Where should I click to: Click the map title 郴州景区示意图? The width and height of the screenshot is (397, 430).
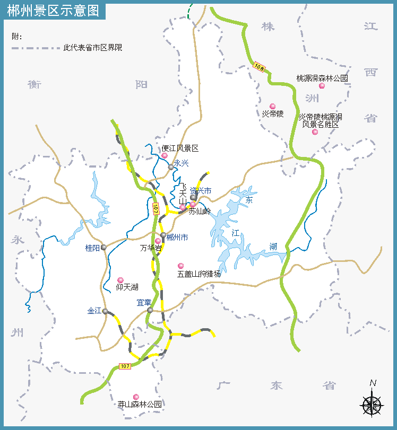(53, 11)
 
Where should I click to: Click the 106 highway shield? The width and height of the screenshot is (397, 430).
(259, 67)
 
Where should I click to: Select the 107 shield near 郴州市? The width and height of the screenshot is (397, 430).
(156, 208)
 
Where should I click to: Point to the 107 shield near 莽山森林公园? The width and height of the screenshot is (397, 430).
(125, 366)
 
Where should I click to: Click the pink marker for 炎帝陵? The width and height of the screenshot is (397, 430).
(273, 106)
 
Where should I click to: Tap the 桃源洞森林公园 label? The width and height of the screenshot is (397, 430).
(322, 78)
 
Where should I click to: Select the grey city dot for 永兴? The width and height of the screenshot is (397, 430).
(171, 167)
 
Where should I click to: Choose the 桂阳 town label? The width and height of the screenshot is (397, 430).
(92, 248)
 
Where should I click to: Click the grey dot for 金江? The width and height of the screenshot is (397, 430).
(106, 311)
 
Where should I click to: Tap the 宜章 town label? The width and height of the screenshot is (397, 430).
(144, 303)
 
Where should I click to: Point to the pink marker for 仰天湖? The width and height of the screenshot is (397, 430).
(120, 280)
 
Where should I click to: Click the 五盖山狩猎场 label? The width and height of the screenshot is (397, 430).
(199, 274)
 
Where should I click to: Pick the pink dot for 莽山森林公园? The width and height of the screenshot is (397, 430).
(136, 397)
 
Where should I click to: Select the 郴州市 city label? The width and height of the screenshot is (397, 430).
(177, 238)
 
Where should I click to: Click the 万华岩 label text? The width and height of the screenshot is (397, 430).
(151, 248)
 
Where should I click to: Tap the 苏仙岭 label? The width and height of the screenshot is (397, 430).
(200, 212)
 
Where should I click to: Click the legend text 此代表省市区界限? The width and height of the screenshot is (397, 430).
(92, 47)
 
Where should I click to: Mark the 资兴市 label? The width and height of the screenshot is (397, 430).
(201, 191)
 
